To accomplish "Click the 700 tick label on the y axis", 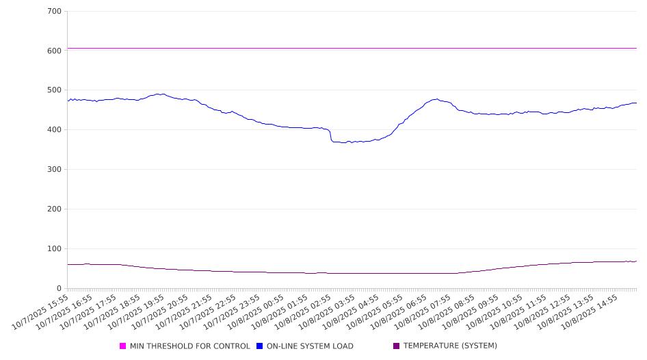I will pos(55,12).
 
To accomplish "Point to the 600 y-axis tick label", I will pos(55,51).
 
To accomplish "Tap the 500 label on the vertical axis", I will pos(55,90).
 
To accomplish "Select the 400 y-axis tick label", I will pos(55,130).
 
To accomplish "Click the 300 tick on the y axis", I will pos(55,170).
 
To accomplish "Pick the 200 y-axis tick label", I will pos(55,209).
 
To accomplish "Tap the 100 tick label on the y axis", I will pos(55,249).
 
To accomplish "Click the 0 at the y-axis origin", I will pos(60,289).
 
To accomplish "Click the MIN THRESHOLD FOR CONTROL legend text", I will pos(189,346).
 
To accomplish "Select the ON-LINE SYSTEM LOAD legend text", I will pos(310,346).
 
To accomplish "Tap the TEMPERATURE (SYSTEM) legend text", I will pos(450,346).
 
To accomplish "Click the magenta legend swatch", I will pos(123,346).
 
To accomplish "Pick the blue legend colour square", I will pos(260,346).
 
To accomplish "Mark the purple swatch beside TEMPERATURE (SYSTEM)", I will pos(397,346).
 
